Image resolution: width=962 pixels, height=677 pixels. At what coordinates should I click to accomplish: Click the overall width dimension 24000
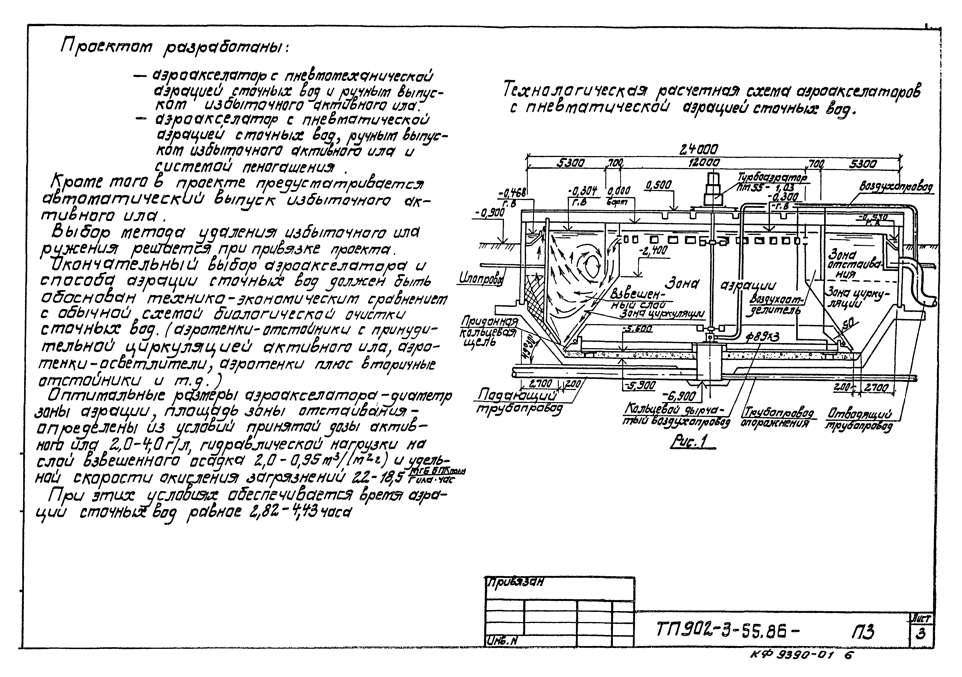[699, 149]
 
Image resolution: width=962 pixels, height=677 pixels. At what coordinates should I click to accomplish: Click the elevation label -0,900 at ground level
[490, 213]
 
